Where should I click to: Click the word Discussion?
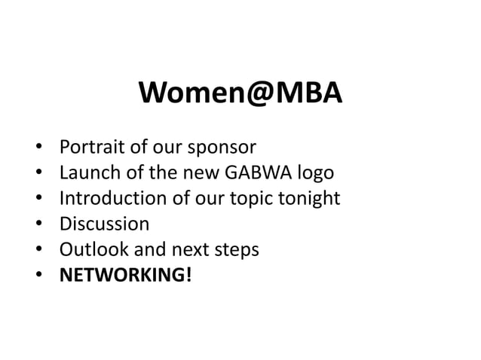104,224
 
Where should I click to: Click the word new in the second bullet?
199,173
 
